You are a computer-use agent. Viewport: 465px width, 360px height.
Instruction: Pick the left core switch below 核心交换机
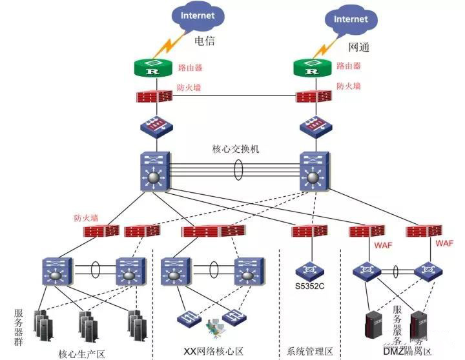153,172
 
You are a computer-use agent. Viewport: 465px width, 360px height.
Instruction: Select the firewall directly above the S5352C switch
305,231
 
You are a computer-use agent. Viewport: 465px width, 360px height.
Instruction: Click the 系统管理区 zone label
309,352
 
